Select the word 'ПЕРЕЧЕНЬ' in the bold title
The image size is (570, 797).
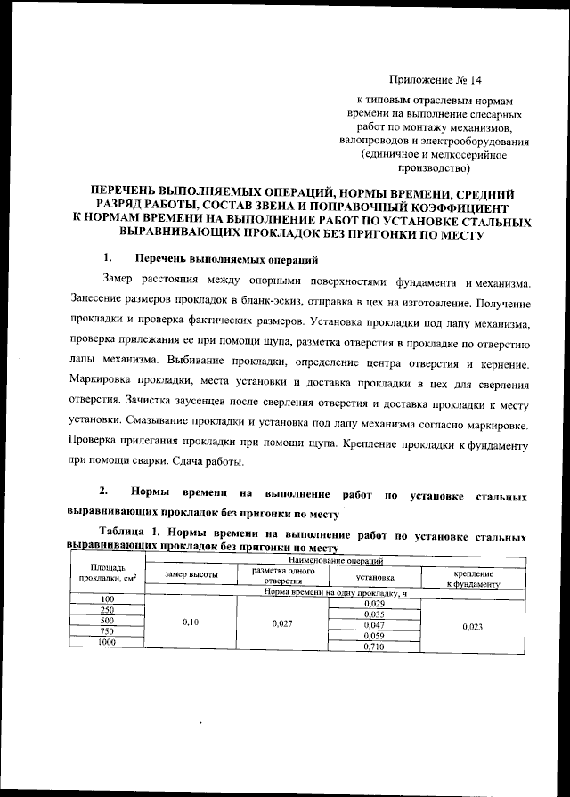[124, 191]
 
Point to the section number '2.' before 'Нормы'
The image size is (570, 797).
[104, 492]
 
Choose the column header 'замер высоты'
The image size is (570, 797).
[190, 576]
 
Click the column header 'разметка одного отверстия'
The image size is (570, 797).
[282, 576]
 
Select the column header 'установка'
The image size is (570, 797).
[373, 577]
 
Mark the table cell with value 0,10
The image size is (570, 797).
[190, 622]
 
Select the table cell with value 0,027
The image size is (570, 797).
[282, 622]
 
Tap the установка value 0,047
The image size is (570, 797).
[373, 624]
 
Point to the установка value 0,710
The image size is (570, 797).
[373, 646]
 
